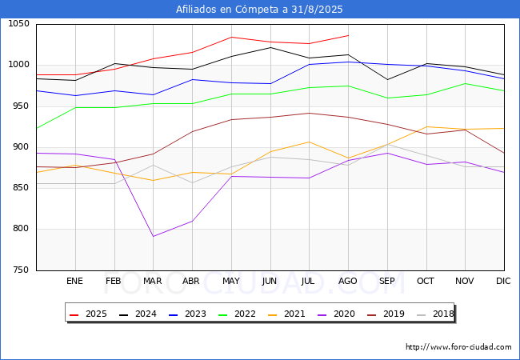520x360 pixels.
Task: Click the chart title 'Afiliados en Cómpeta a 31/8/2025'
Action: (259, 10)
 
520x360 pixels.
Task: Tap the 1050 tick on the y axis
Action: (18, 24)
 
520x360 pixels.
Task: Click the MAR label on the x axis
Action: (153, 281)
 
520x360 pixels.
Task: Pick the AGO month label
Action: (347, 281)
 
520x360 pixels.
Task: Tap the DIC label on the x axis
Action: (503, 281)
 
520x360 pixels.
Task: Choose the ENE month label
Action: (74, 281)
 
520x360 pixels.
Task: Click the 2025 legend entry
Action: (89, 314)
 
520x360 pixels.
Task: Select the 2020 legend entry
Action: (337, 314)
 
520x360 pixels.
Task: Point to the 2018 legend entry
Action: (435, 314)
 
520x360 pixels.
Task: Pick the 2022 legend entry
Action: (238, 314)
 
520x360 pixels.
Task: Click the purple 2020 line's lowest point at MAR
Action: (154, 236)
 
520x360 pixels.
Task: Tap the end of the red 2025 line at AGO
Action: (348, 35)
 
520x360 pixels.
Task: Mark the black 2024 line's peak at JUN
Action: (270, 47)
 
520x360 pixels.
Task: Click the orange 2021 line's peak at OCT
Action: (426, 126)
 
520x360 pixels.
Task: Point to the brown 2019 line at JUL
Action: (309, 113)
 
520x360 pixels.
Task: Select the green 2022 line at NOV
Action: (466, 83)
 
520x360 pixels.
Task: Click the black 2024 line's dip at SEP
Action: (387, 79)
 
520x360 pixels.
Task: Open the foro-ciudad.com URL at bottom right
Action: (458, 347)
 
